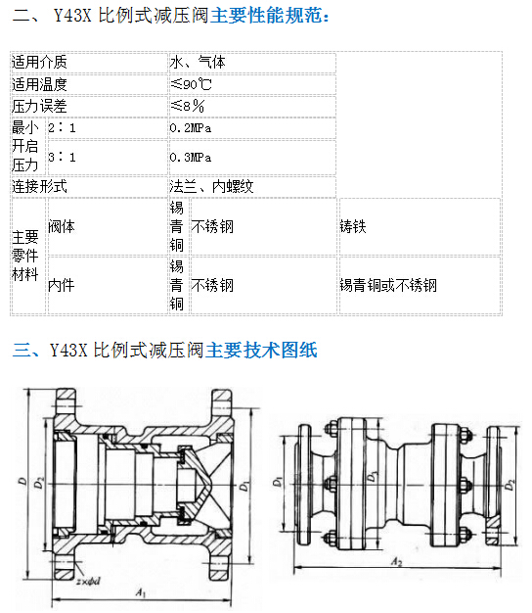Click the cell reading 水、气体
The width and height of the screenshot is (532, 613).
coord(198,62)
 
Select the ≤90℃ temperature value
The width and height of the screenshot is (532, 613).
coord(191,84)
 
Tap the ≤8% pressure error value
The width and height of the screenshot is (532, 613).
coord(188,106)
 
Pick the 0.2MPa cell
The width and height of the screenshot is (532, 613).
coord(191,128)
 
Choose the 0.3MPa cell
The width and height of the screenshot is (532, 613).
coord(191,157)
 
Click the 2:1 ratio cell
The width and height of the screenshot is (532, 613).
coord(62,128)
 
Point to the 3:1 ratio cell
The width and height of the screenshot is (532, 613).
coord(62,157)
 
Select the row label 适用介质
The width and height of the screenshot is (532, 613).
coord(39,62)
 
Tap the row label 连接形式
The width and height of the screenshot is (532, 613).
coord(39,186)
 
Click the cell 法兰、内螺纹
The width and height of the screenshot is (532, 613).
coord(211,186)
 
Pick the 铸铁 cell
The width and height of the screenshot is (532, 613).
coord(353,227)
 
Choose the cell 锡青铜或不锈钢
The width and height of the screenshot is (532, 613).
coord(388,285)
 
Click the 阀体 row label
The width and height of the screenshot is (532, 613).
coord(62,227)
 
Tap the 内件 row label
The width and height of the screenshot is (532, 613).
coord(62,285)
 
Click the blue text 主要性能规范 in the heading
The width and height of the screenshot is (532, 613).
coord(267,16)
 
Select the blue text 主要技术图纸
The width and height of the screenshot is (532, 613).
coord(261,350)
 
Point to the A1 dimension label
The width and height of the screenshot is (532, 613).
coord(141,592)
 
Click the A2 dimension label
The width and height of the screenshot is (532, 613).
coord(397,562)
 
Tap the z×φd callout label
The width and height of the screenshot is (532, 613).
coord(88,582)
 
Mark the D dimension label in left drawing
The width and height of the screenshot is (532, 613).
coord(23,481)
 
